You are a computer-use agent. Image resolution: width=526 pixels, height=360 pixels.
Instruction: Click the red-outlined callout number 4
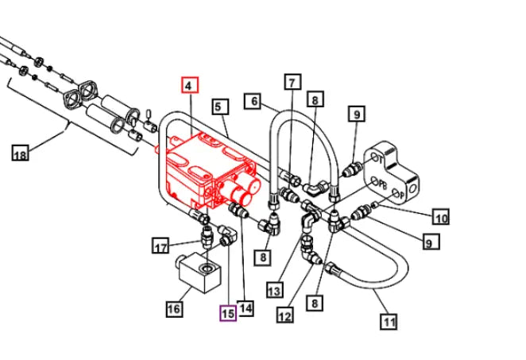click(x=189, y=86)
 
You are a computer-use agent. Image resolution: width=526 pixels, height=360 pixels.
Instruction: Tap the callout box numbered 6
click(x=253, y=101)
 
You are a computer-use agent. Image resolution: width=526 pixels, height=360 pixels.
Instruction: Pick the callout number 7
click(x=292, y=82)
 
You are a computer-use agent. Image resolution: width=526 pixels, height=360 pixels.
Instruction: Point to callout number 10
click(x=440, y=216)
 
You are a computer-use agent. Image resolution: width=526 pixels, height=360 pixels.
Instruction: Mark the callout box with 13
click(x=275, y=289)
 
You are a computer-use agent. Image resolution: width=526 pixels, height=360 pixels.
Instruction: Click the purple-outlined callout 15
click(x=228, y=313)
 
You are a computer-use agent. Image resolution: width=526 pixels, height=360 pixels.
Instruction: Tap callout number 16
click(x=174, y=308)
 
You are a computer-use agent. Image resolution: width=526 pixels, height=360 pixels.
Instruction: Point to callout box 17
click(x=161, y=247)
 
